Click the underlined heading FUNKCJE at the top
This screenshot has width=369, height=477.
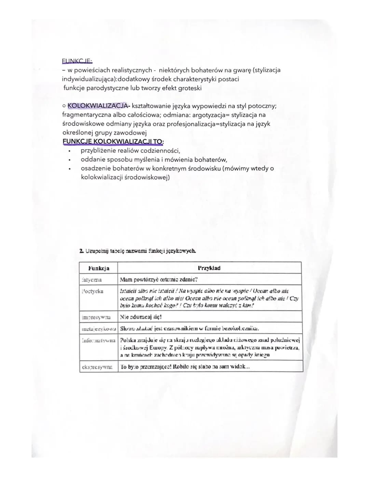(77, 61)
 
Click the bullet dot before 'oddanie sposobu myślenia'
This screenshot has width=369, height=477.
(70, 160)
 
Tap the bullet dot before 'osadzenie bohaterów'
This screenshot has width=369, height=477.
(70, 169)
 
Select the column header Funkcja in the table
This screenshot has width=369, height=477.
(98, 268)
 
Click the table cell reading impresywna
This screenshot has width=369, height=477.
(96, 317)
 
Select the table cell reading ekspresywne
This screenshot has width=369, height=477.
(97, 367)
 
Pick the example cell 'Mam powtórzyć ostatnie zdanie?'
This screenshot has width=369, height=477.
(159, 280)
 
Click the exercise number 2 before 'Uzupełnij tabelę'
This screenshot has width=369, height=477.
(81, 251)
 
